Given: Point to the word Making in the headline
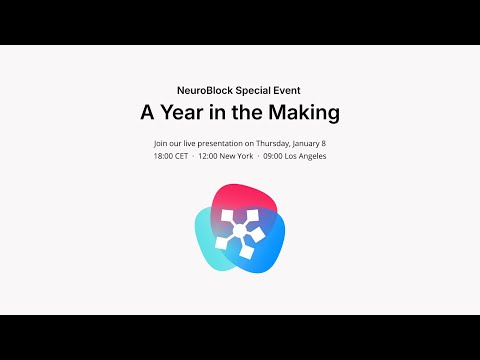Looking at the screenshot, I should pos(303,112).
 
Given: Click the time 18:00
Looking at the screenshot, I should pos(164,156).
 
